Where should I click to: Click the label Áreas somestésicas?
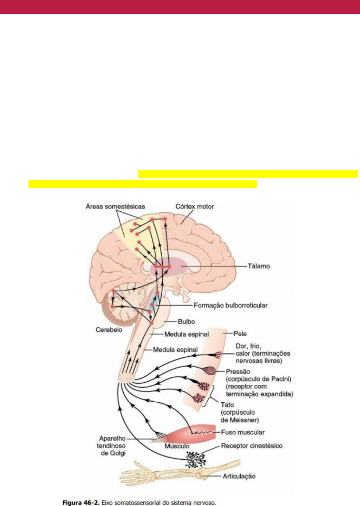[x=115, y=207]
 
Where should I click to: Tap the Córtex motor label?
[x=195, y=207]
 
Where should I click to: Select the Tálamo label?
[x=259, y=266]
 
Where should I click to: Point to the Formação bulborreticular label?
[x=231, y=305]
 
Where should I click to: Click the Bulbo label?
[x=186, y=322]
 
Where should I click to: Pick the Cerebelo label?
[x=109, y=330]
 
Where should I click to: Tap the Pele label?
[x=240, y=334]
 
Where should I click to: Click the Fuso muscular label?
[x=243, y=432]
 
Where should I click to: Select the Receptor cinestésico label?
[x=252, y=446]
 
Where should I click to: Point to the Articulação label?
[x=239, y=476]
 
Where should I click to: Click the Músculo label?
[x=177, y=446]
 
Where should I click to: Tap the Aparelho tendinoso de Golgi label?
[x=111, y=446]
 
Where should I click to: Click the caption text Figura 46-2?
[x=81, y=503]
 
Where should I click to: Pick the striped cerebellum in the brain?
[x=119, y=307]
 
